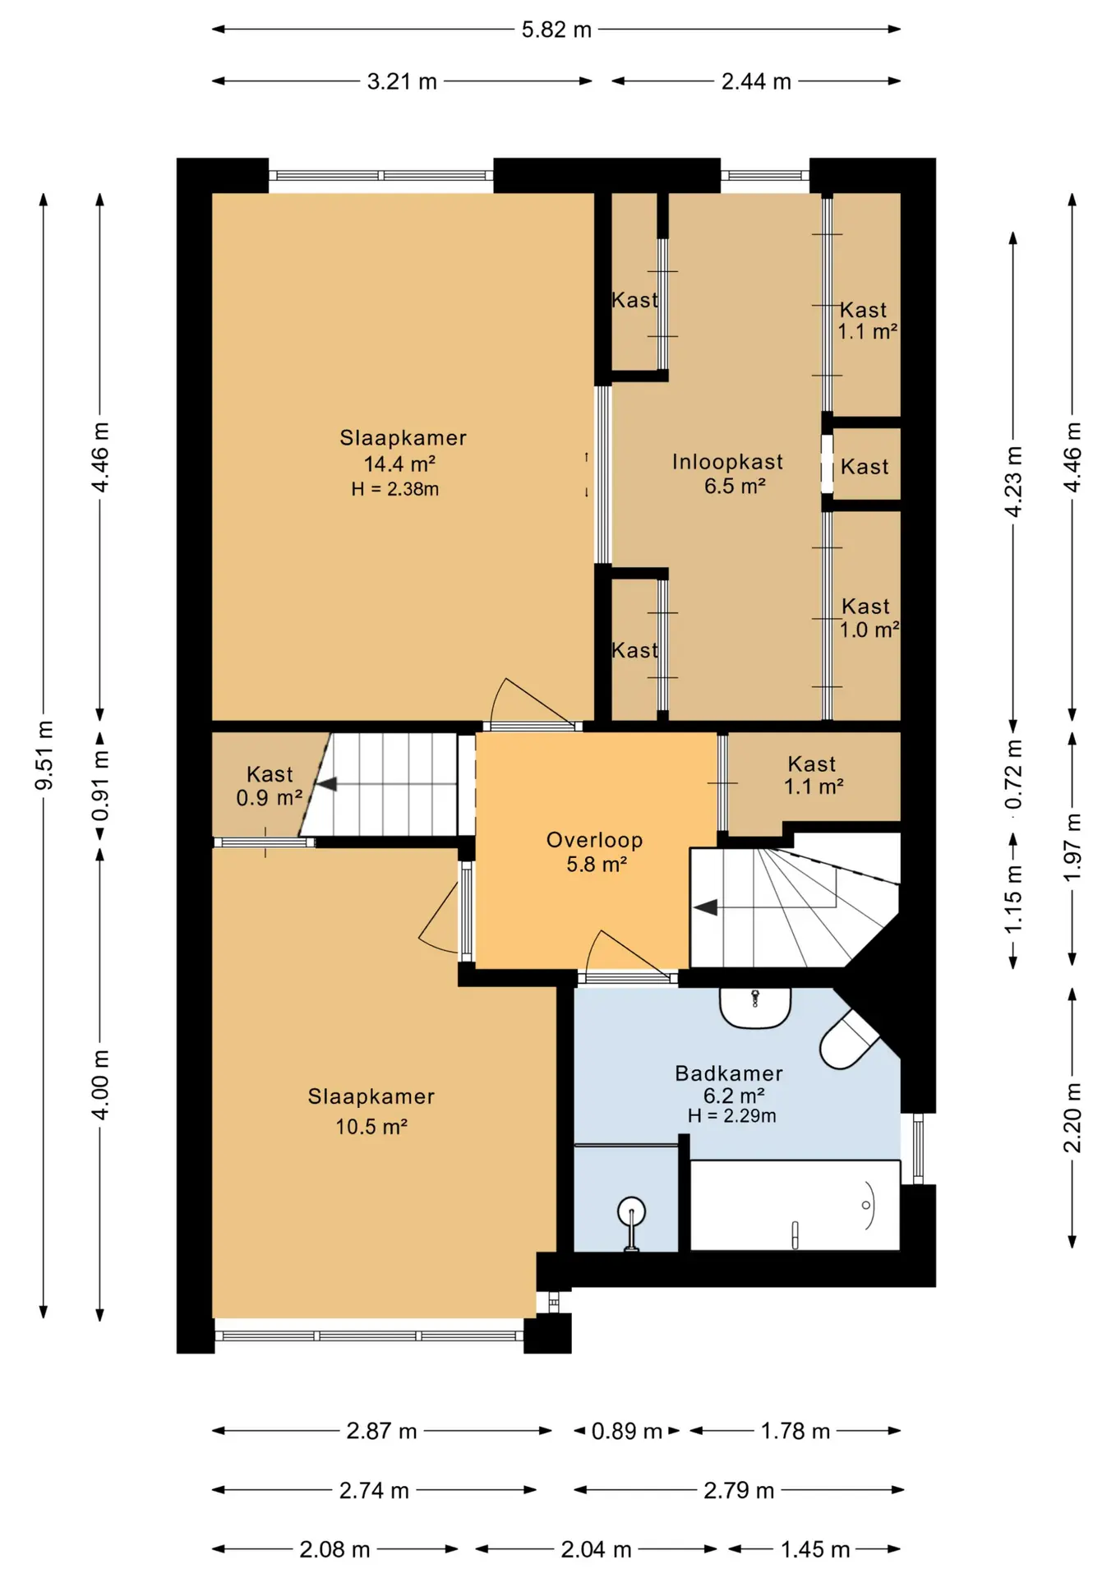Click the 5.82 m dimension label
tap(556, 30)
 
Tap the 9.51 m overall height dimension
tap(44, 755)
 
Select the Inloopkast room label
tap(727, 462)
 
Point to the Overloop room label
tap(594, 840)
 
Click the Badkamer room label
tap(729, 1073)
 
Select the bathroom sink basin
tap(755, 1008)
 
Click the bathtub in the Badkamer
tap(795, 1205)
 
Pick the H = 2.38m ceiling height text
tap(394, 489)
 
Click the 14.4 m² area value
tap(399, 464)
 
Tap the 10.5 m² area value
tap(371, 1126)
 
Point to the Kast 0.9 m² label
tap(270, 786)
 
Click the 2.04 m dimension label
tap(596, 1549)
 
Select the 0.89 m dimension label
tap(627, 1431)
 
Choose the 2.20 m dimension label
tap(1072, 1118)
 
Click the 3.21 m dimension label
tap(402, 81)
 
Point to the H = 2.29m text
tap(732, 1115)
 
